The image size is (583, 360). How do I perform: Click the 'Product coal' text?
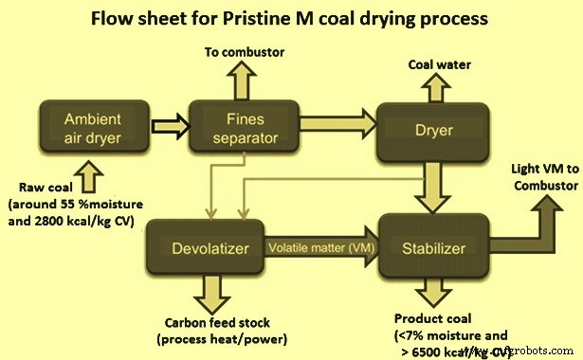pyautogui.click(x=431, y=317)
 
